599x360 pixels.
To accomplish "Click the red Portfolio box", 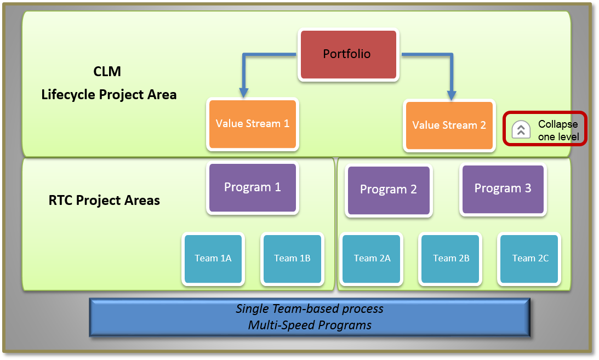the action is pos(349,55).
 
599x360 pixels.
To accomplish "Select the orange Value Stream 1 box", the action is pos(253,124).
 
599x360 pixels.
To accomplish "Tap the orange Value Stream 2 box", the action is pos(449,125).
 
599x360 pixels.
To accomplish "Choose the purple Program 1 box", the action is pos(253,188).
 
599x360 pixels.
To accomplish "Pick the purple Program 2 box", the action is pos(389,190).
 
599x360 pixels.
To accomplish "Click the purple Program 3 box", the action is pos(503,189).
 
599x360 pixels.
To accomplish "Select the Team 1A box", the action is pos(213,259).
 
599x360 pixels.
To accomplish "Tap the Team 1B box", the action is pos(292,259).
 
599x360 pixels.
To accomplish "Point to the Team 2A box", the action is pos(372,259).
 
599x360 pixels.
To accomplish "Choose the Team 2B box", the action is pos(450,259).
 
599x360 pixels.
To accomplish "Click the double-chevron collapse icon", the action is pos(521,129).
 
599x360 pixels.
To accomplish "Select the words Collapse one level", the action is pos(558,130).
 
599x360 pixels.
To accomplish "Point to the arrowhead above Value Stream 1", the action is pos(244,93).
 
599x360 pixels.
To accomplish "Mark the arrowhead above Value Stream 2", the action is pos(452,95).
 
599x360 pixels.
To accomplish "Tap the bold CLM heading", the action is pos(107,71).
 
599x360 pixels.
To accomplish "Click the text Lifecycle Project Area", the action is pos(109,95).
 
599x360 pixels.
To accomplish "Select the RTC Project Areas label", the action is pos(104,201).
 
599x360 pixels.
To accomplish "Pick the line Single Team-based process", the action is pos(310,308).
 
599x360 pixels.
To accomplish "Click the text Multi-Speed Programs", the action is pos(310,325).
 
